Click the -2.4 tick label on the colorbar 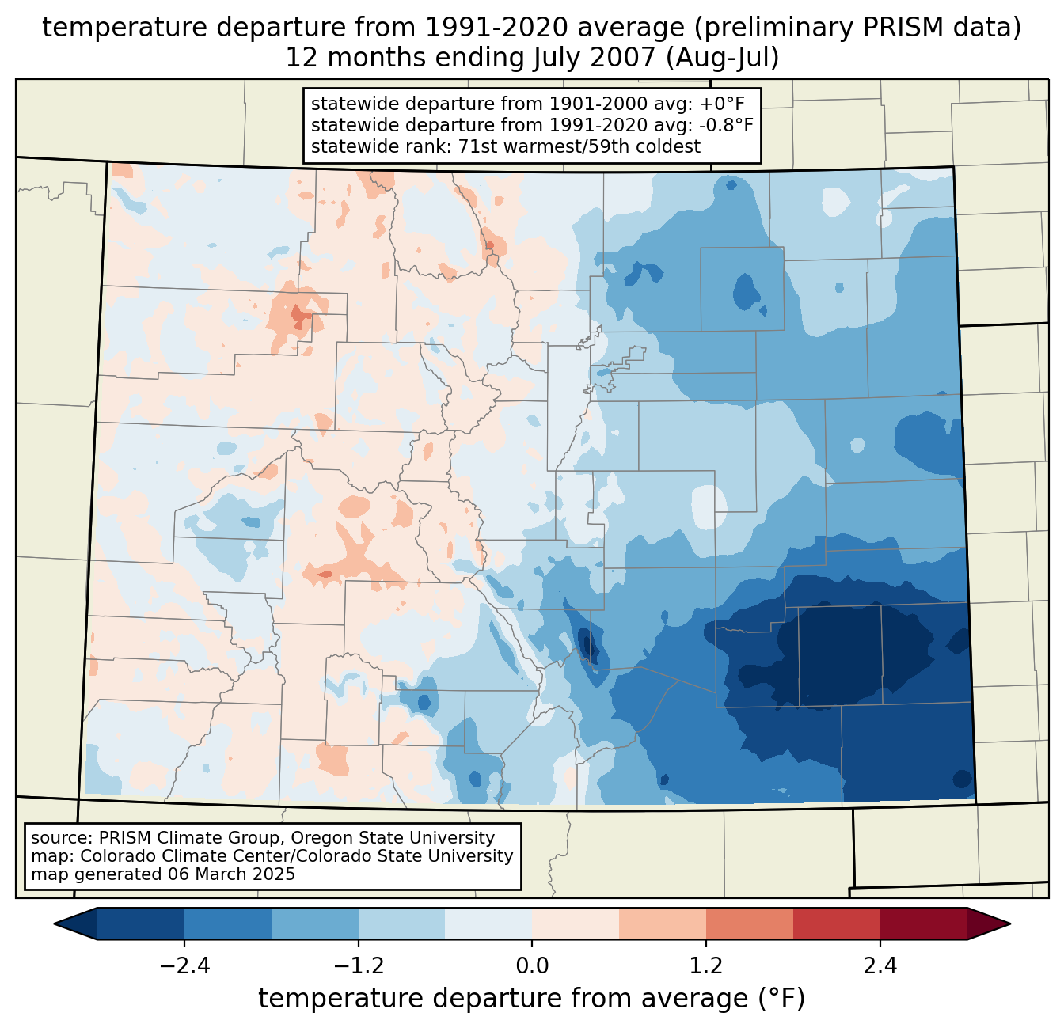coord(184,966)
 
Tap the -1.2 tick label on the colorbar coord(358,966)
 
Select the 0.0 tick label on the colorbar coord(532,966)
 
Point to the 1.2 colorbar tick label coord(706,966)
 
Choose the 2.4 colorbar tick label coord(880,966)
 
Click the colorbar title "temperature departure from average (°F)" coord(531,999)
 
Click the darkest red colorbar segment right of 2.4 coord(923,924)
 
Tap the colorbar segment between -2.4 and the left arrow coord(141,924)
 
